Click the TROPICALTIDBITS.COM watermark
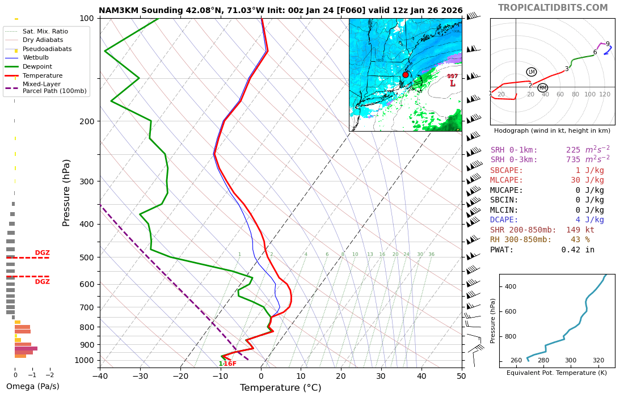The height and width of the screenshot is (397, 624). click(553, 8)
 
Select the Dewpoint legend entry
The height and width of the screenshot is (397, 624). click(42, 66)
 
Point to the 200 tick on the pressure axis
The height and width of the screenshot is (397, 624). click(87, 121)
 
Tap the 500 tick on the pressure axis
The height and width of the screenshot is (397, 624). click(87, 257)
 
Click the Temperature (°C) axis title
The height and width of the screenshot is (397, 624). click(280, 388)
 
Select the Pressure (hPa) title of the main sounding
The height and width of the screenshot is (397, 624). click(66, 192)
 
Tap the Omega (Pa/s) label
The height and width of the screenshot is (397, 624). click(32, 387)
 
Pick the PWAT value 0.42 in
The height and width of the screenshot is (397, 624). click(578, 250)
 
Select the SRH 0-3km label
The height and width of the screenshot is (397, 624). click(514, 160)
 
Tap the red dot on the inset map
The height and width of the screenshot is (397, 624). click(406, 75)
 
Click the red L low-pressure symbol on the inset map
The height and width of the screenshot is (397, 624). click(452, 84)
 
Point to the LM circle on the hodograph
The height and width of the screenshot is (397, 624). click(532, 72)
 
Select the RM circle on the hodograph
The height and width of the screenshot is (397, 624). click(542, 88)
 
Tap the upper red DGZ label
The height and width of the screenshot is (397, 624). click(42, 253)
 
